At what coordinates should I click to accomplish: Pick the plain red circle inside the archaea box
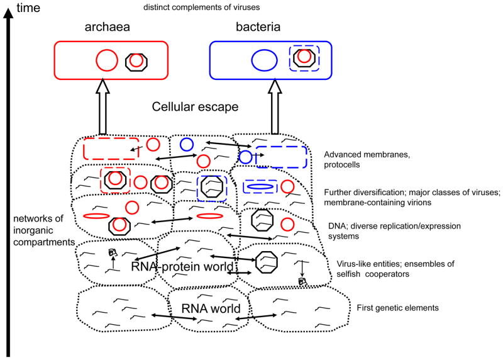pos(106,61)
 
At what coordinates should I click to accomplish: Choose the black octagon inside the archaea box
pos(135,62)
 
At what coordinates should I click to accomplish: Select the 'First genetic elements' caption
pos(389,308)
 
